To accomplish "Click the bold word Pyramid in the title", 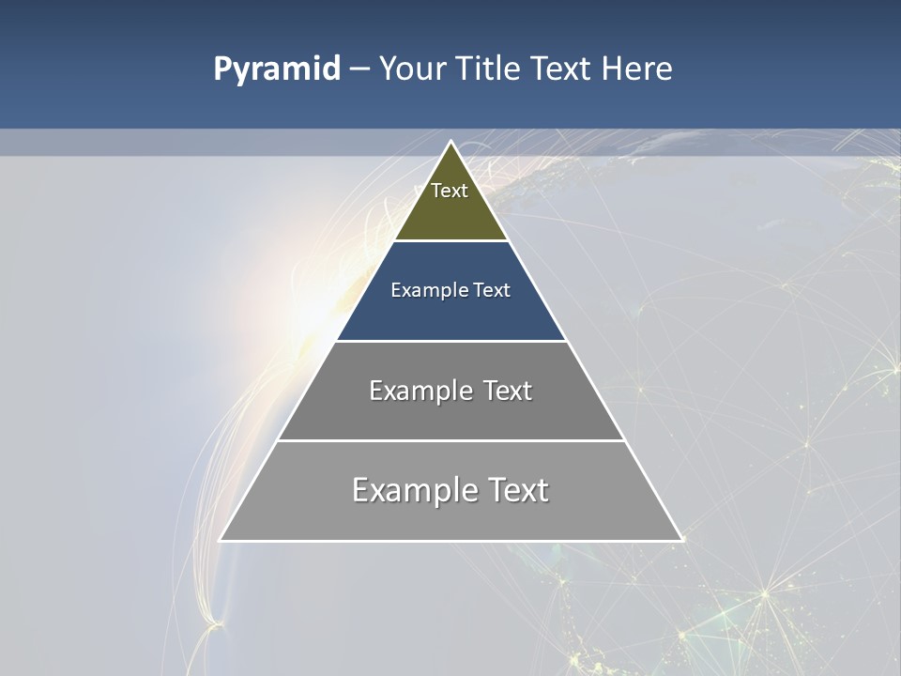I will click(276, 69).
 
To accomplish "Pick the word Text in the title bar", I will click(561, 69).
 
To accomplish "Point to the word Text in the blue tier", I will click(492, 290).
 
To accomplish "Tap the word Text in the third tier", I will click(508, 391).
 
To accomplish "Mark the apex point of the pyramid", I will click(451, 142).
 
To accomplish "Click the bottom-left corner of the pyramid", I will click(221, 540).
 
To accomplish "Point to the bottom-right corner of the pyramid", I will click(681, 540).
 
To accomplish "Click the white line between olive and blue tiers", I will click(450, 240).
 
